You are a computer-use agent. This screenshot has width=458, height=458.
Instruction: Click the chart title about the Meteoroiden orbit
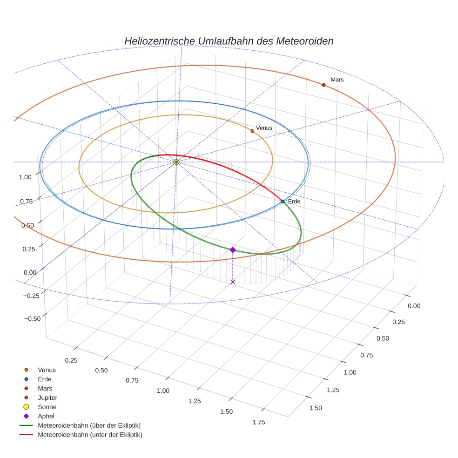click(x=229, y=41)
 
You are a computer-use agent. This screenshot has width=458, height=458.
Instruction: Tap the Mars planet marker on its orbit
click(x=323, y=85)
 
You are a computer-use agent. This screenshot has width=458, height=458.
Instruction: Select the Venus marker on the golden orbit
click(x=252, y=131)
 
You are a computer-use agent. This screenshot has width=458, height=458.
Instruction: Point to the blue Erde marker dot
click(x=283, y=202)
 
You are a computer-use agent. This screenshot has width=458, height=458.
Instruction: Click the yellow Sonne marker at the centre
click(x=176, y=162)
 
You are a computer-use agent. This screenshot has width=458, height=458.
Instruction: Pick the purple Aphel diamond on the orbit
click(x=233, y=250)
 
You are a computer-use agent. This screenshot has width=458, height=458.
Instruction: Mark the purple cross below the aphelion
click(x=233, y=282)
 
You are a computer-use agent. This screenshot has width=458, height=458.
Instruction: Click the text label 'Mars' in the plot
click(x=337, y=80)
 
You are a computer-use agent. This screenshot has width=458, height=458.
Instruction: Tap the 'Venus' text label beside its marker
click(x=264, y=128)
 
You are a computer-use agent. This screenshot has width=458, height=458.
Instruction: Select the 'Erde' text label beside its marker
click(x=294, y=202)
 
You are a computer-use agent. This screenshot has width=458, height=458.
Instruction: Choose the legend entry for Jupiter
click(x=47, y=397)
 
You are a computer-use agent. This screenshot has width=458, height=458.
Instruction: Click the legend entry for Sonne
click(x=47, y=407)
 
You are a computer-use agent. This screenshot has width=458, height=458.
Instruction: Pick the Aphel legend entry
click(x=46, y=416)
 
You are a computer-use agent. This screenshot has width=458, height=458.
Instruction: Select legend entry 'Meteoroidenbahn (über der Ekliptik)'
click(x=89, y=425)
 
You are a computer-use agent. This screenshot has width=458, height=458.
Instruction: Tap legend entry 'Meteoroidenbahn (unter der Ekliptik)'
click(x=90, y=435)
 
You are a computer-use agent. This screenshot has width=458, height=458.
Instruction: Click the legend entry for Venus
click(x=47, y=370)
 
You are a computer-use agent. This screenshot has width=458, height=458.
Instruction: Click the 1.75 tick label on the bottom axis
click(x=258, y=422)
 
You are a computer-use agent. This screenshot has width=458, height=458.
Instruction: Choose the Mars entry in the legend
click(x=45, y=388)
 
